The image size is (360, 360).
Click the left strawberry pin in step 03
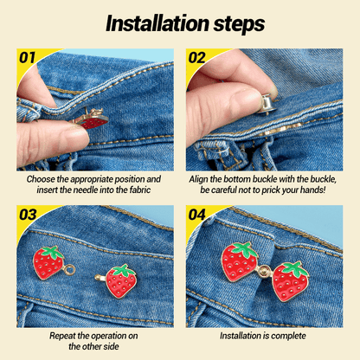[49, 261]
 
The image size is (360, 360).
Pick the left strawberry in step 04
[239, 261]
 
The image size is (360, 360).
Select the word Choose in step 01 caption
[44, 179]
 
